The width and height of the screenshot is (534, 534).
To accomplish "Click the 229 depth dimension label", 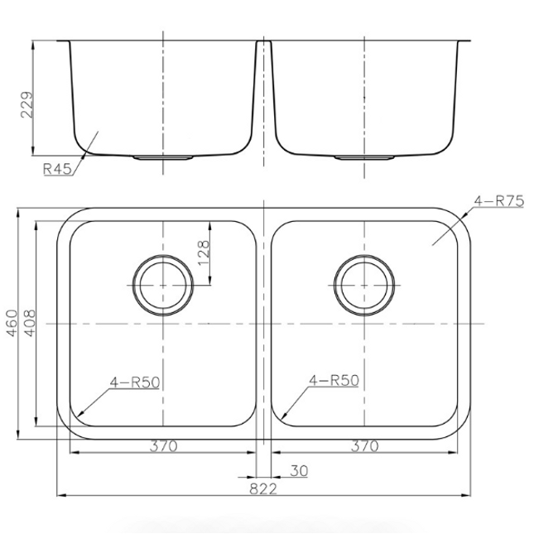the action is pos(27,104).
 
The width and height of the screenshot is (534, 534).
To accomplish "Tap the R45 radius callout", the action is pos(58,169).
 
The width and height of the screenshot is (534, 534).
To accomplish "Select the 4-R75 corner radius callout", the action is pos(499,201).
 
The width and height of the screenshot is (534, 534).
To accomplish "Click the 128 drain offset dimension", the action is pos(203,253).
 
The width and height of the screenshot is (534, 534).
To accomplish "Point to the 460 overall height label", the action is pos(12,323).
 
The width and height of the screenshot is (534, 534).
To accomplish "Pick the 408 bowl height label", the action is pos(30,323).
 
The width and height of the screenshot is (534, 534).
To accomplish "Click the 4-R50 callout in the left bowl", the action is pos(135,382).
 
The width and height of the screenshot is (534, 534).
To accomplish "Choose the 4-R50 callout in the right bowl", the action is pos(334,380).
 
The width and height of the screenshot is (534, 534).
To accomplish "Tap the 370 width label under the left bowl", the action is pos(164,445).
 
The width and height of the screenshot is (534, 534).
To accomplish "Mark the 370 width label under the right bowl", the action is pos(365,445).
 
